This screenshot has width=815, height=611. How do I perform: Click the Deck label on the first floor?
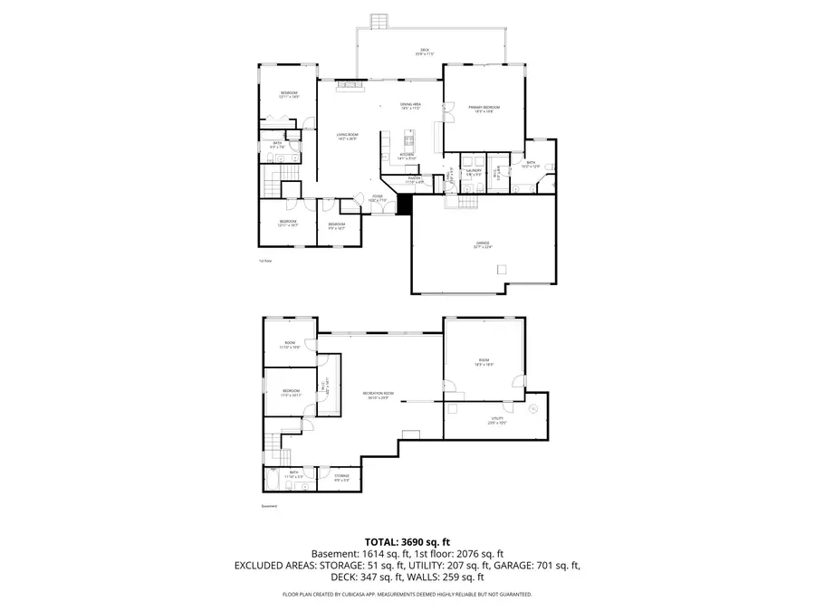[x=424, y=52]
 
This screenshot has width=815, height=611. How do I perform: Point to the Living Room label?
[x=348, y=137]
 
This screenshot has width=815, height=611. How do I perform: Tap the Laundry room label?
[x=473, y=171]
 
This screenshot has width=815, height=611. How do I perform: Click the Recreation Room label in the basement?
[x=376, y=395]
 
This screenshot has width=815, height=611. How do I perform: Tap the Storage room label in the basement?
[x=341, y=476]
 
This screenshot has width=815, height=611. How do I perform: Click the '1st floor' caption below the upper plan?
[x=265, y=261]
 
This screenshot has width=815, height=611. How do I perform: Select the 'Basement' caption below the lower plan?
[x=269, y=506]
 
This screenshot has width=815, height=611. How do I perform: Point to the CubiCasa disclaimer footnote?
[x=407, y=595]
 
